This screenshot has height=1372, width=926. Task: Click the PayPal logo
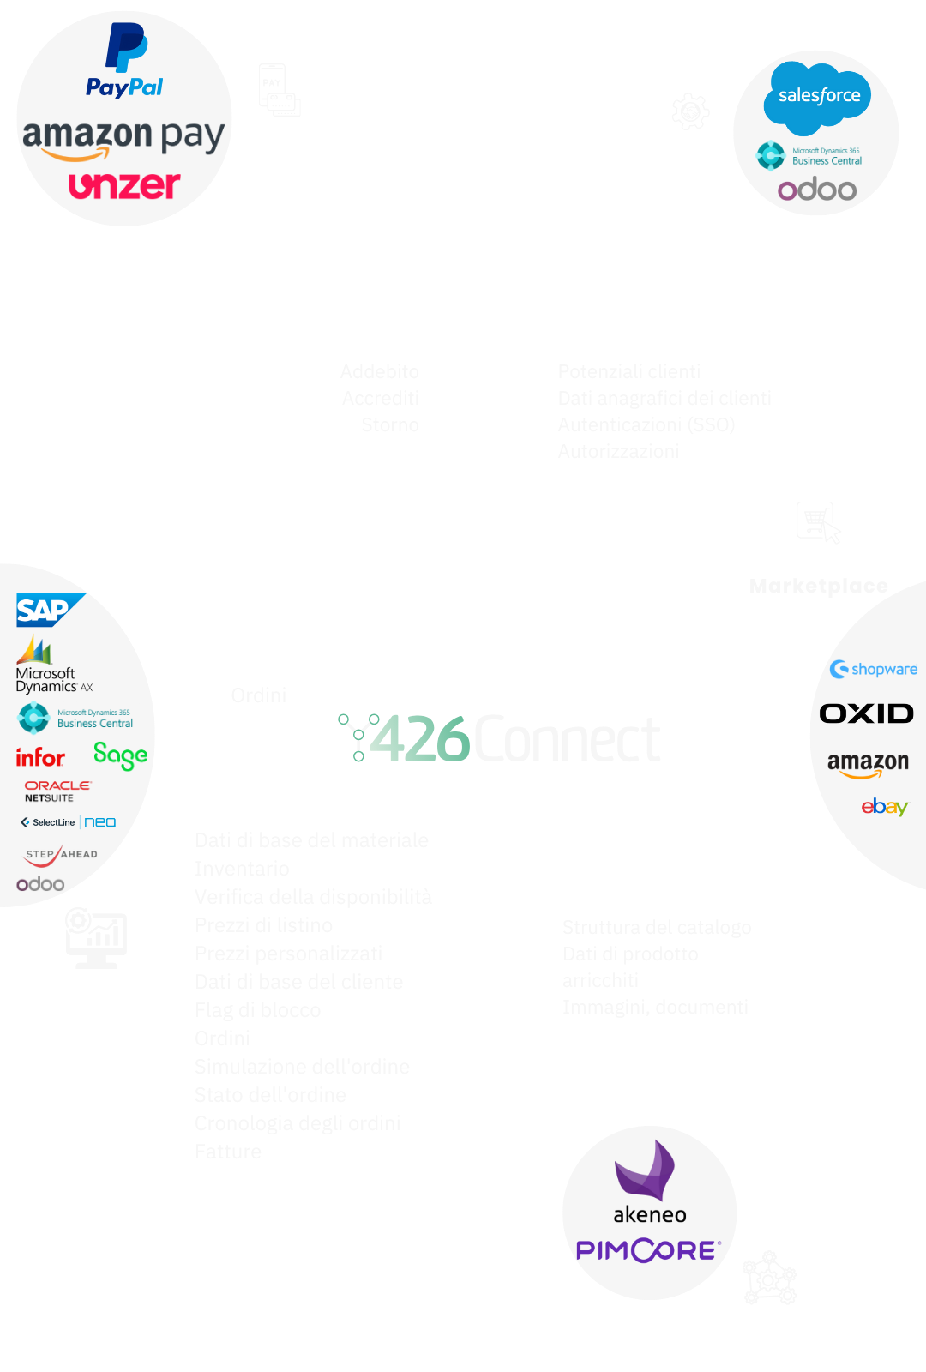[x=125, y=61]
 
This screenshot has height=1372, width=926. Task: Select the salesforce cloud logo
[x=818, y=97]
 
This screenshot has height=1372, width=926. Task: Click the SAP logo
[x=47, y=610]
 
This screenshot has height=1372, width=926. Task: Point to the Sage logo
[x=120, y=755]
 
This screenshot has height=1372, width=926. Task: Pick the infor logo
[x=40, y=757]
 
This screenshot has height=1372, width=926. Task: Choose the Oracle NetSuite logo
[x=57, y=791]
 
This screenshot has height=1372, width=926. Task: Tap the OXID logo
[x=866, y=713]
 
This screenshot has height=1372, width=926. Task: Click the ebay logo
[x=884, y=807]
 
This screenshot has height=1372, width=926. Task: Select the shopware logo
[x=874, y=669]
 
